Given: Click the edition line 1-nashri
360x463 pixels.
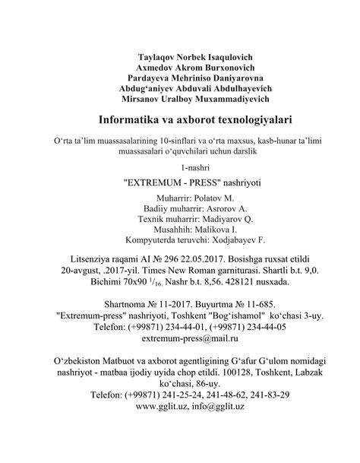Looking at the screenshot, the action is coord(180,166).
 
